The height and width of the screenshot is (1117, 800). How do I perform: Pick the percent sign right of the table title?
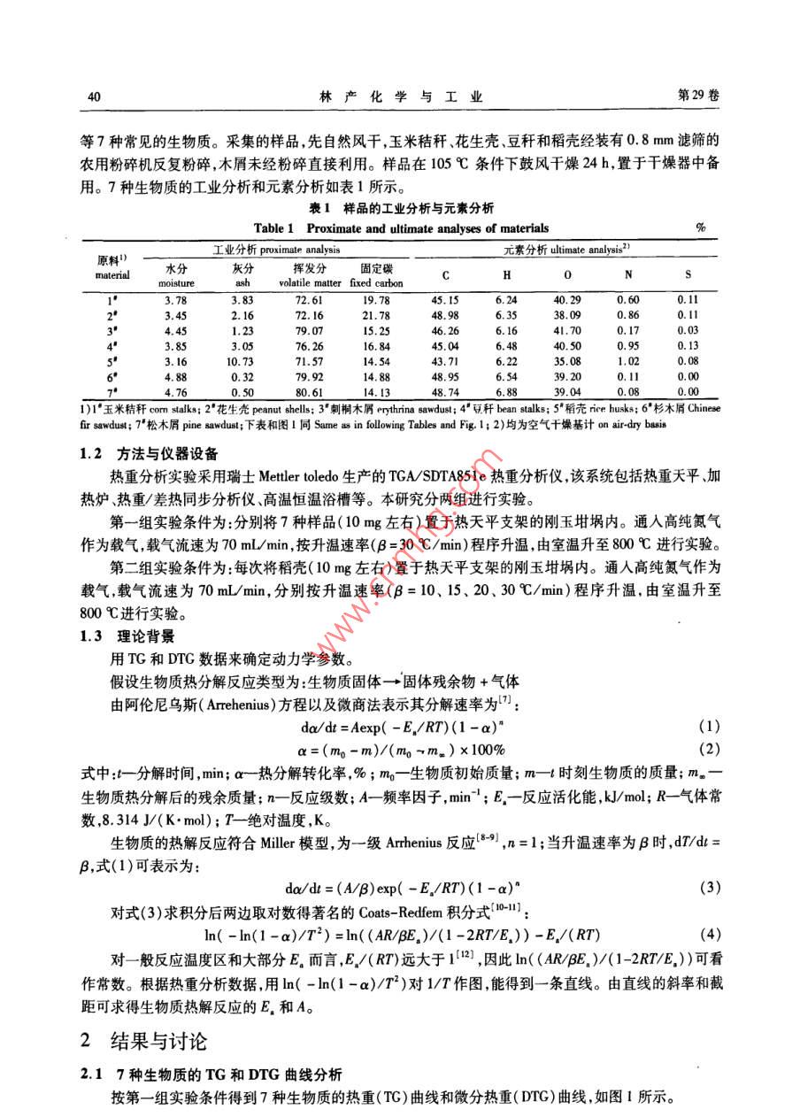pyautogui.click(x=701, y=228)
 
